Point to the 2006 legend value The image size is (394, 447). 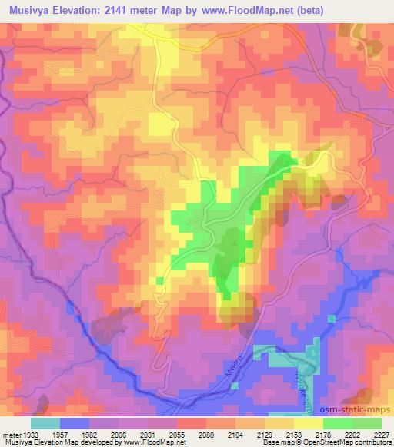(119, 434)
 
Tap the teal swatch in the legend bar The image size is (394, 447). (45, 423)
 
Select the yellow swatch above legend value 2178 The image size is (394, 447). (309, 423)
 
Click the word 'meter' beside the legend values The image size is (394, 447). (10, 434)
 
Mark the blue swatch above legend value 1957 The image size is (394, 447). (75, 423)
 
